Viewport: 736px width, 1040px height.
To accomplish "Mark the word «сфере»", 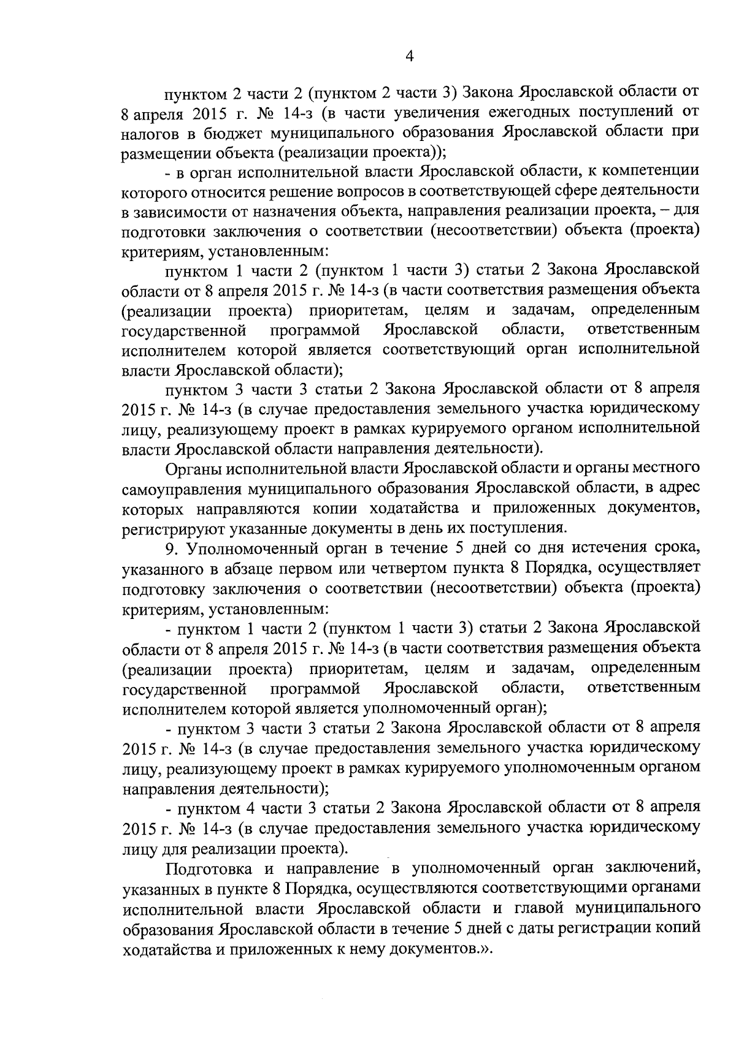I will pyautogui.click(x=557, y=192).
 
